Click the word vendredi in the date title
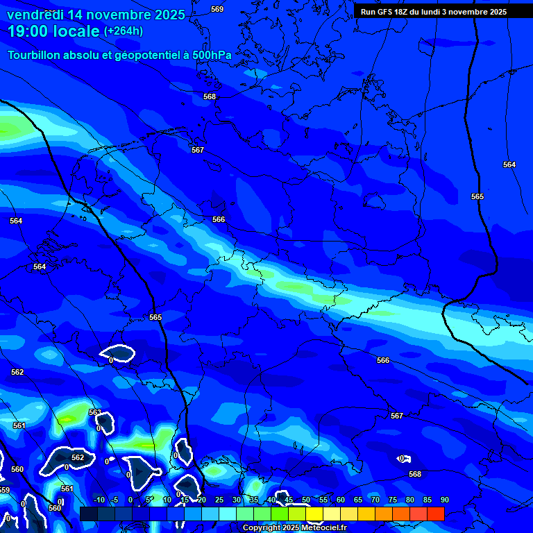34,15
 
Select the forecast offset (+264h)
124,31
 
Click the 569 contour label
217,9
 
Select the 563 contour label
95,412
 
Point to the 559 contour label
4,490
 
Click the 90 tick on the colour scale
444,500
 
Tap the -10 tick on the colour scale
98,500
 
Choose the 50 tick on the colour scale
306,500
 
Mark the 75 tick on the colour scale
393,500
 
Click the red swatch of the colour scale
435,514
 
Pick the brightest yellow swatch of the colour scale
314,514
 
